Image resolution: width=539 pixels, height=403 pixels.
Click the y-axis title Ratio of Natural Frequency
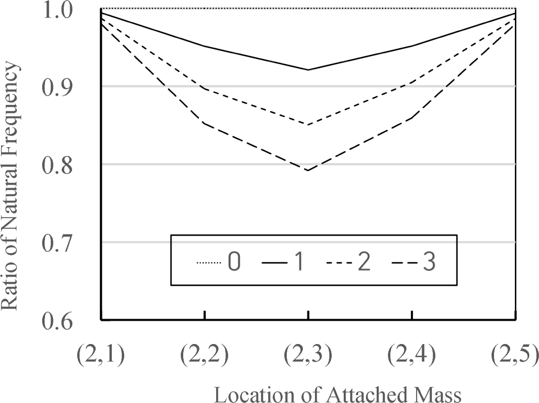pyautogui.click(x=11, y=186)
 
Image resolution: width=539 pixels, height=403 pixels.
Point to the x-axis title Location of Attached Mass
pyautogui.click(x=337, y=394)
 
